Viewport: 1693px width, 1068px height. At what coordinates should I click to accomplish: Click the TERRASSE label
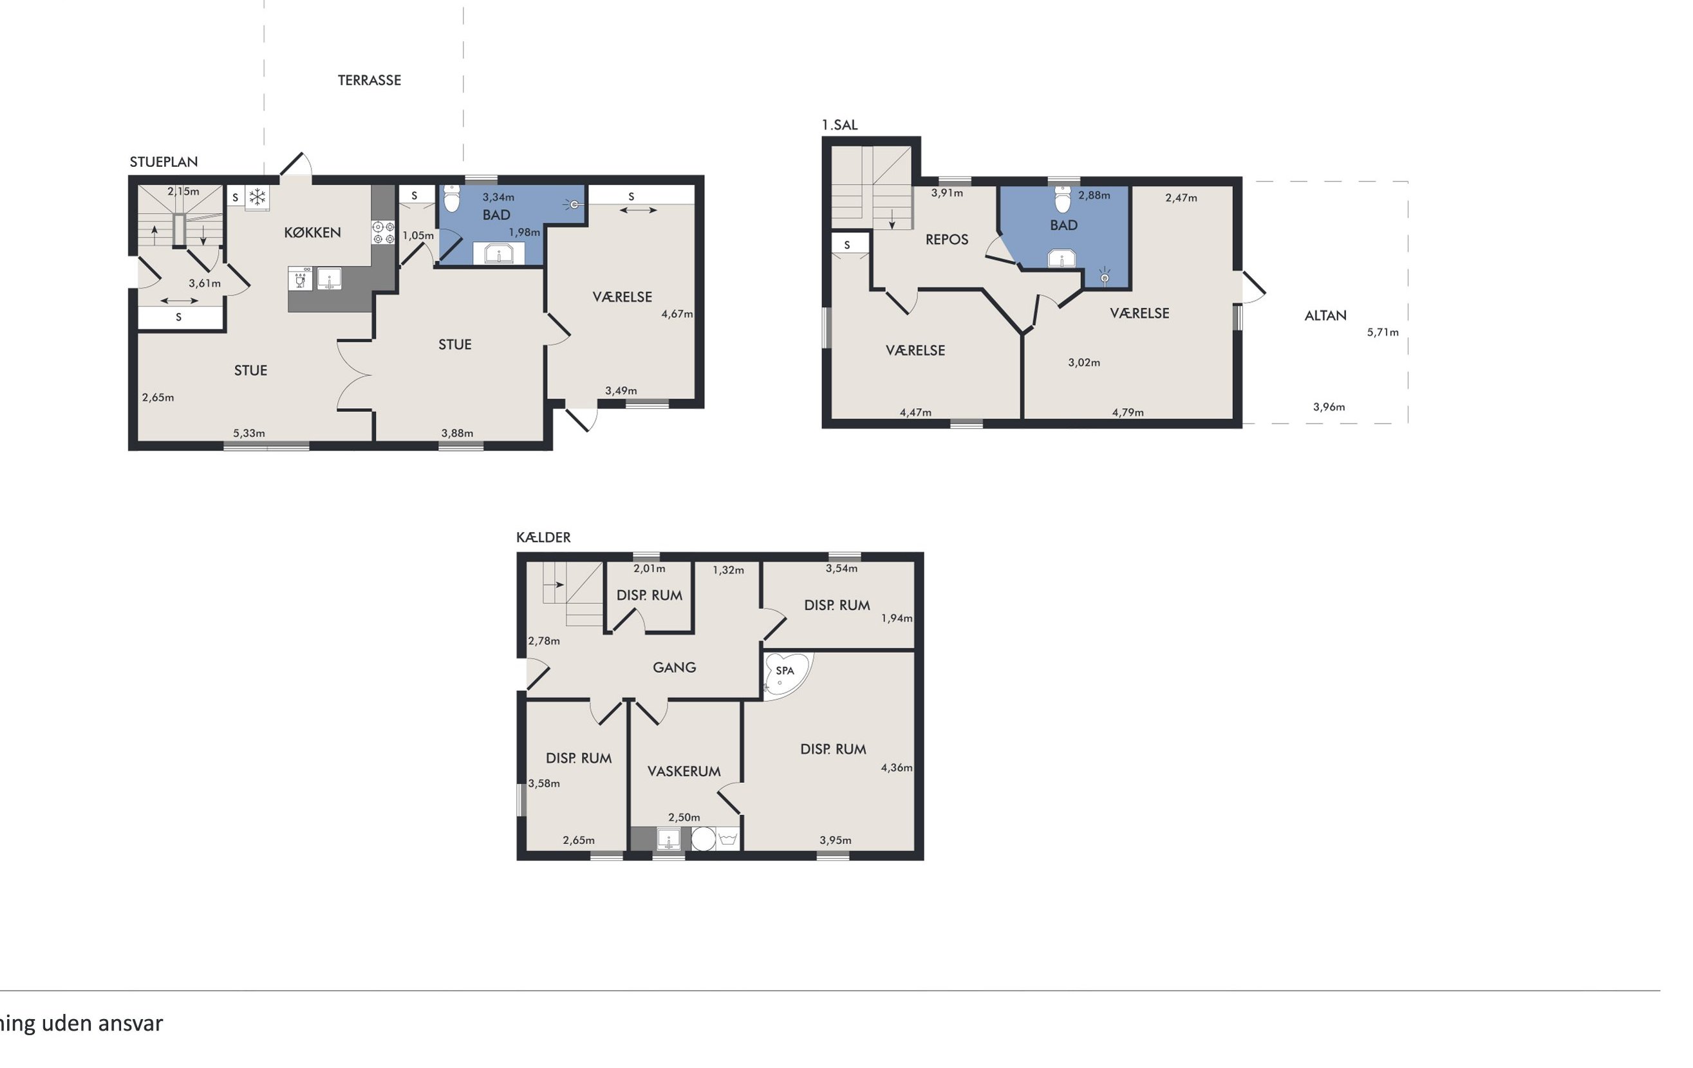(x=369, y=80)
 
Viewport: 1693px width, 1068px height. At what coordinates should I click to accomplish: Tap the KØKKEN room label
(x=312, y=232)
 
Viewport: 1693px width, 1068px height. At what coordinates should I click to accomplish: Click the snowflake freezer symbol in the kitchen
(x=257, y=196)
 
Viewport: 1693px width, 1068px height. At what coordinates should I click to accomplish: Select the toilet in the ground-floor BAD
(x=452, y=198)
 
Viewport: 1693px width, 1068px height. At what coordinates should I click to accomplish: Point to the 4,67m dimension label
(x=677, y=314)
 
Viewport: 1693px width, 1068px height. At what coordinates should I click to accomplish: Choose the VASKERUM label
(x=684, y=771)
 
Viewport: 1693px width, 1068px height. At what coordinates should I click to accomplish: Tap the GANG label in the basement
(x=674, y=667)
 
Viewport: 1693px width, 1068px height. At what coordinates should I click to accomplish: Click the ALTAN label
(x=1325, y=315)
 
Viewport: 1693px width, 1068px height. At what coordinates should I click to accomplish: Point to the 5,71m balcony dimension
(x=1382, y=332)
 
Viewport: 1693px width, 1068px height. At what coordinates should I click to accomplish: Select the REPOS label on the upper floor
(x=946, y=239)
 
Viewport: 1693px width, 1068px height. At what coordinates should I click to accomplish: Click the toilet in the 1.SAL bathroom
(x=1063, y=199)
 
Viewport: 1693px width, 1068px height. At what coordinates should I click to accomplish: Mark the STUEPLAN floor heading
(x=164, y=162)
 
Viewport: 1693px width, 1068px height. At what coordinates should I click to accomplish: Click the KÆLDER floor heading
(x=543, y=537)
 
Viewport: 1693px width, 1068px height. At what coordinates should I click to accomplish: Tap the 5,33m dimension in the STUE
(x=249, y=433)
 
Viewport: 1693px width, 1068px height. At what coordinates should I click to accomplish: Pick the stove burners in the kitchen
(x=383, y=233)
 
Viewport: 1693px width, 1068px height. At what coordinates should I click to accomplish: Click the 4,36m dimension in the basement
(x=897, y=768)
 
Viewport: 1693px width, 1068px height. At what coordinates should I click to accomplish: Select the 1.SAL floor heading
(x=839, y=125)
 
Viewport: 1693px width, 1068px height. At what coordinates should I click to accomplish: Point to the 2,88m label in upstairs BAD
(x=1094, y=195)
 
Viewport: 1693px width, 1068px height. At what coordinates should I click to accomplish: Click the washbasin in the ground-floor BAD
(x=498, y=253)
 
